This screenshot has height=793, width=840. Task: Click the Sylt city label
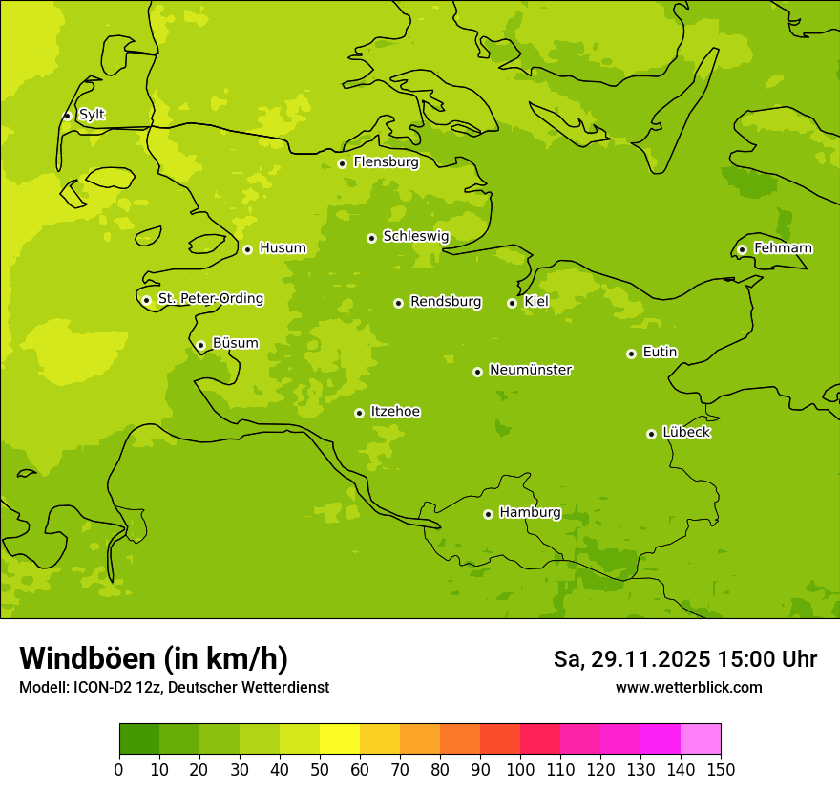[92, 115]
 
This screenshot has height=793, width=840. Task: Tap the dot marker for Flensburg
[342, 163]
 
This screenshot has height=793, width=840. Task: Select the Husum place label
[283, 248]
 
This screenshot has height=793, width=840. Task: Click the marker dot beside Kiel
[512, 303]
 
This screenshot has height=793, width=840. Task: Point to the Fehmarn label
[783, 248]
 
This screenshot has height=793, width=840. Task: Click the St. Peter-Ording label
[211, 299]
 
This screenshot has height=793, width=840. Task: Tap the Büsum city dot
[200, 345]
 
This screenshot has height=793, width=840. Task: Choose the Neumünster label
[531, 370]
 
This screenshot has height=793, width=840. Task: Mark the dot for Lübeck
[651, 434]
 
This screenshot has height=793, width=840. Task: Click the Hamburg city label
[530, 513]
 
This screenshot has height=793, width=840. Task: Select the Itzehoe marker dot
[359, 413]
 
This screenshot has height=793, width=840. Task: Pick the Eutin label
[660, 353]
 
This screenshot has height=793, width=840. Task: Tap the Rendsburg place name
[446, 302]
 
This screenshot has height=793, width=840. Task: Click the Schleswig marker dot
[371, 238]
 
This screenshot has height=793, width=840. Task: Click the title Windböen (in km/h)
[154, 658]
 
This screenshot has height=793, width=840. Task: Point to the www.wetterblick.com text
[688, 687]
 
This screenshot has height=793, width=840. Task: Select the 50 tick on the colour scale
[320, 769]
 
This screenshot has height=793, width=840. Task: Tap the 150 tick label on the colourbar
[721, 769]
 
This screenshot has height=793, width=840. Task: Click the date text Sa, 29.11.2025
[632, 659]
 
